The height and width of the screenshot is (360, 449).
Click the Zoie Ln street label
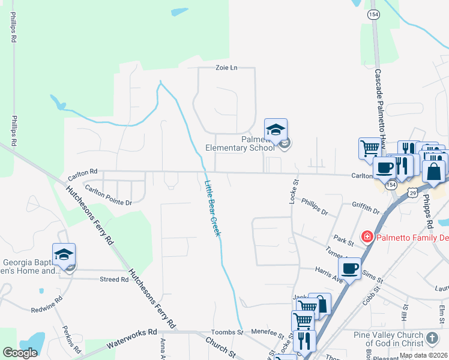click(x=226, y=68)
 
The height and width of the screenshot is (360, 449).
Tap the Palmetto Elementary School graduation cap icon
click(x=276, y=130)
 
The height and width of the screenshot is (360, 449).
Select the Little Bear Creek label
click(x=212, y=208)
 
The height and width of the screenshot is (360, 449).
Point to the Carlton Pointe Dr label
click(x=108, y=195)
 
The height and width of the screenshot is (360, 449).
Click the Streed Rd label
click(x=114, y=279)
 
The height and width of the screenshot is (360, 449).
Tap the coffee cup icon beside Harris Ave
click(x=349, y=268)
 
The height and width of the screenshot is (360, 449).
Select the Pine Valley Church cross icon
click(x=432, y=339)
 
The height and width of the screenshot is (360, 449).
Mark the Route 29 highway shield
click(x=412, y=193)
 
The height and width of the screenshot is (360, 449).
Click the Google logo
click(x=20, y=353)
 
